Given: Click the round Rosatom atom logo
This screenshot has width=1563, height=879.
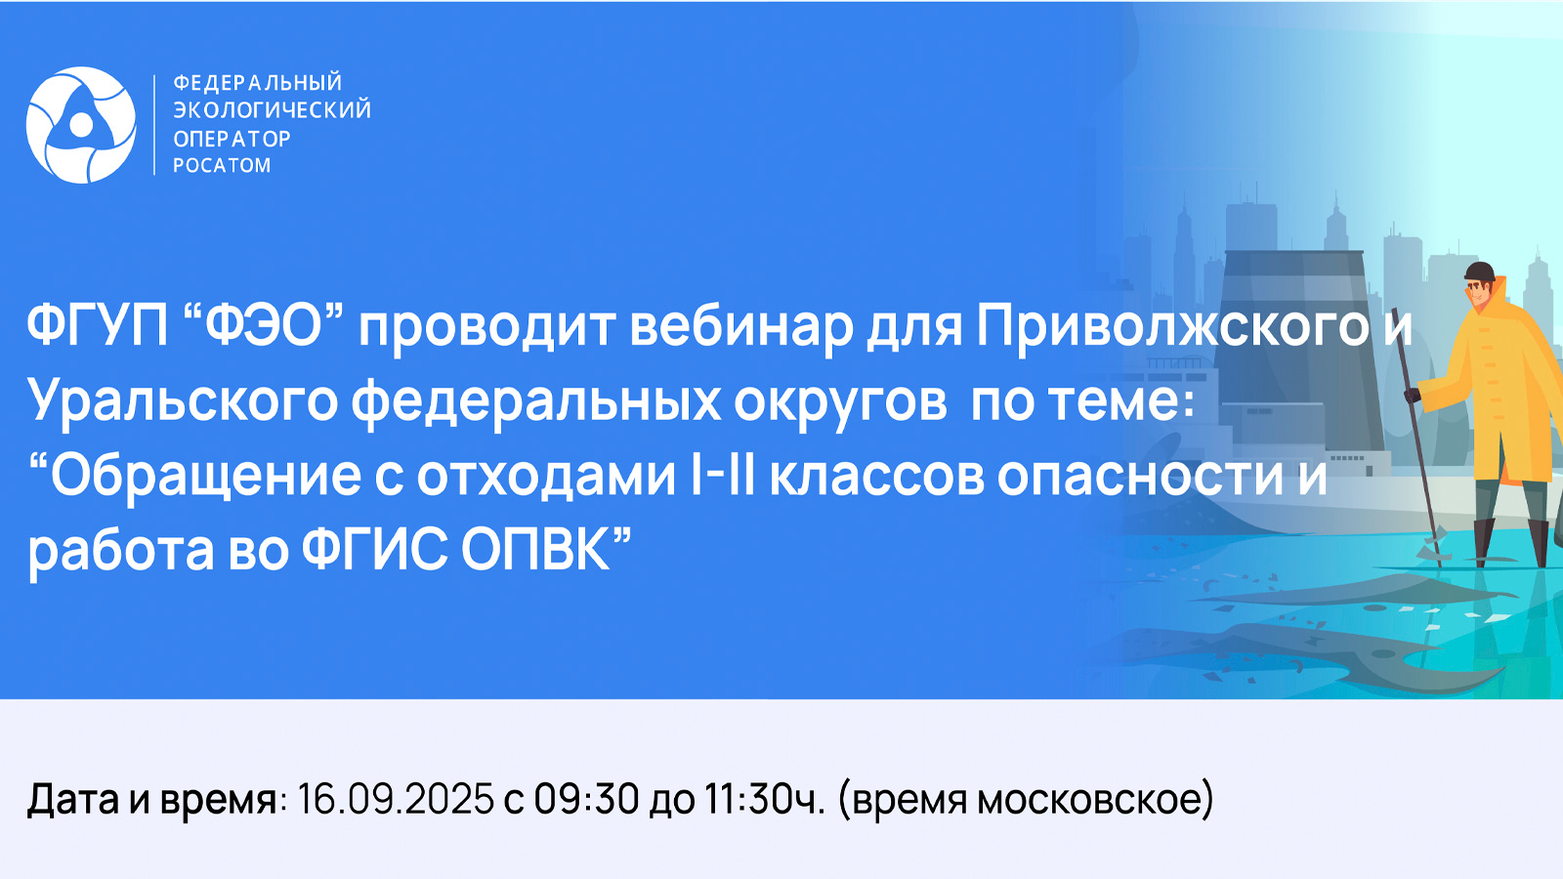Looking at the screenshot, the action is (x=81, y=125).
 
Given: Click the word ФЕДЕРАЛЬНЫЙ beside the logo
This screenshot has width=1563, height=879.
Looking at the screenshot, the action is (x=258, y=82).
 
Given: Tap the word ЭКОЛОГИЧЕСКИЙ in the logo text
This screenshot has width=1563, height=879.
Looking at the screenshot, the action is (x=273, y=110).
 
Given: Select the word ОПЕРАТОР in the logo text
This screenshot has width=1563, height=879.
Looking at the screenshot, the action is (x=232, y=139).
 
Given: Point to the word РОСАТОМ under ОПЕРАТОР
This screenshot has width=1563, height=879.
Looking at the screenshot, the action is (x=222, y=166).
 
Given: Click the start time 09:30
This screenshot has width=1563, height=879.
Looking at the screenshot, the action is (x=586, y=800).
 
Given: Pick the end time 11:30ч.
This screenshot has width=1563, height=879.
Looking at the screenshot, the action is (x=766, y=800).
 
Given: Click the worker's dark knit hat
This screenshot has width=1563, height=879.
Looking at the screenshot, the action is (x=1480, y=272).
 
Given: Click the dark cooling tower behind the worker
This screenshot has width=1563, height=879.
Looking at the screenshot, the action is (x=1298, y=349).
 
